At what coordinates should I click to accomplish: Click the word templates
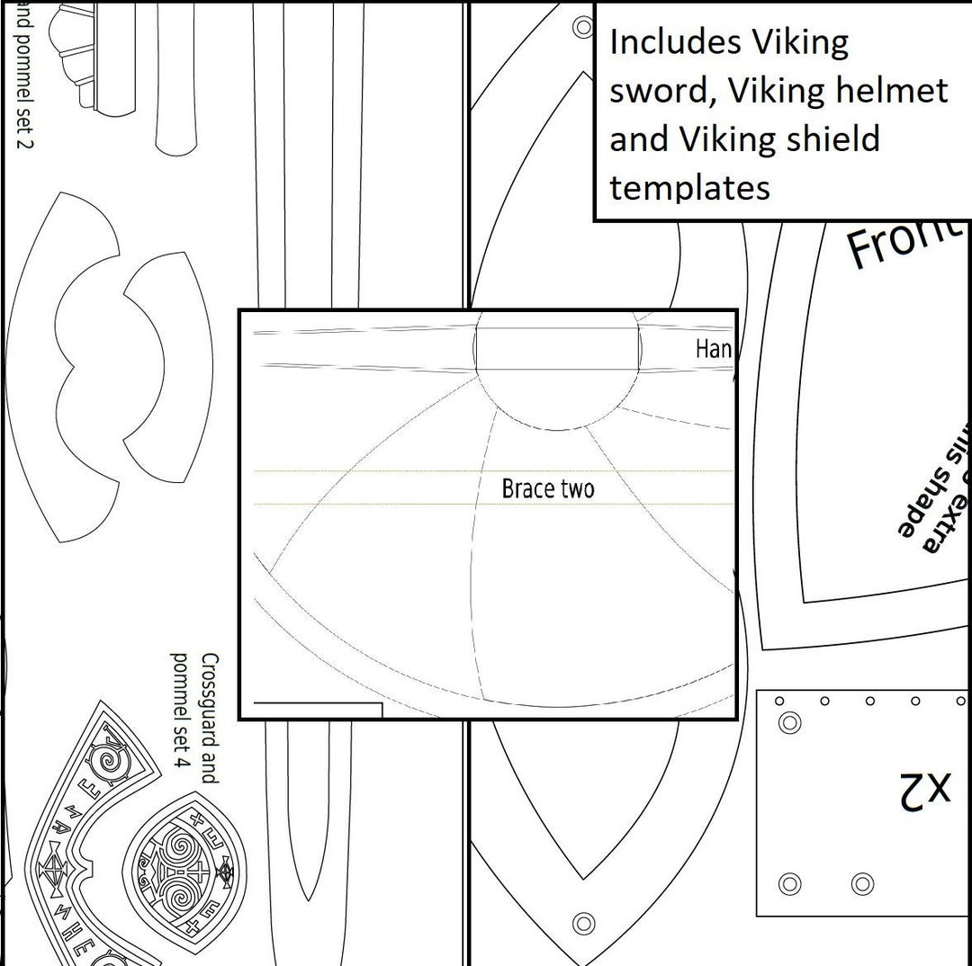pyautogui.click(x=689, y=188)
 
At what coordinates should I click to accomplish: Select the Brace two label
pyautogui.click(x=547, y=488)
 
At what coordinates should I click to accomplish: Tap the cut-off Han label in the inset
pyautogui.click(x=714, y=349)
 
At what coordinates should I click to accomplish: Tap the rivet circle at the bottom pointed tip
pyautogui.click(x=583, y=923)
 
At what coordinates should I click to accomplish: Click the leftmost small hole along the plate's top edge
pyautogui.click(x=779, y=701)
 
